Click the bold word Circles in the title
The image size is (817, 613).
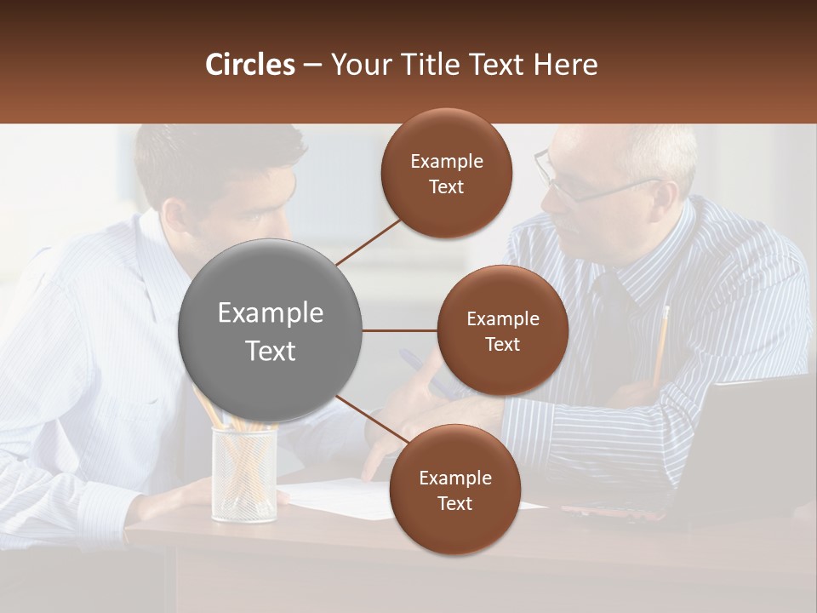249,65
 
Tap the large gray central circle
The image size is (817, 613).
270,330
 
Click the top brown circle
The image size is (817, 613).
446,173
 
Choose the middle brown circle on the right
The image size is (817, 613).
502,330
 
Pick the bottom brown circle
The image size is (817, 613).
454,490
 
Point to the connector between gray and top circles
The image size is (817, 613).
368,241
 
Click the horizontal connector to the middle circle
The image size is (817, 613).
399,330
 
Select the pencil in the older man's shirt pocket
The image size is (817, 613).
660,341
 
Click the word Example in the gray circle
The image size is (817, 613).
270,313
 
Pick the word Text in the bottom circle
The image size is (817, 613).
454,503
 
